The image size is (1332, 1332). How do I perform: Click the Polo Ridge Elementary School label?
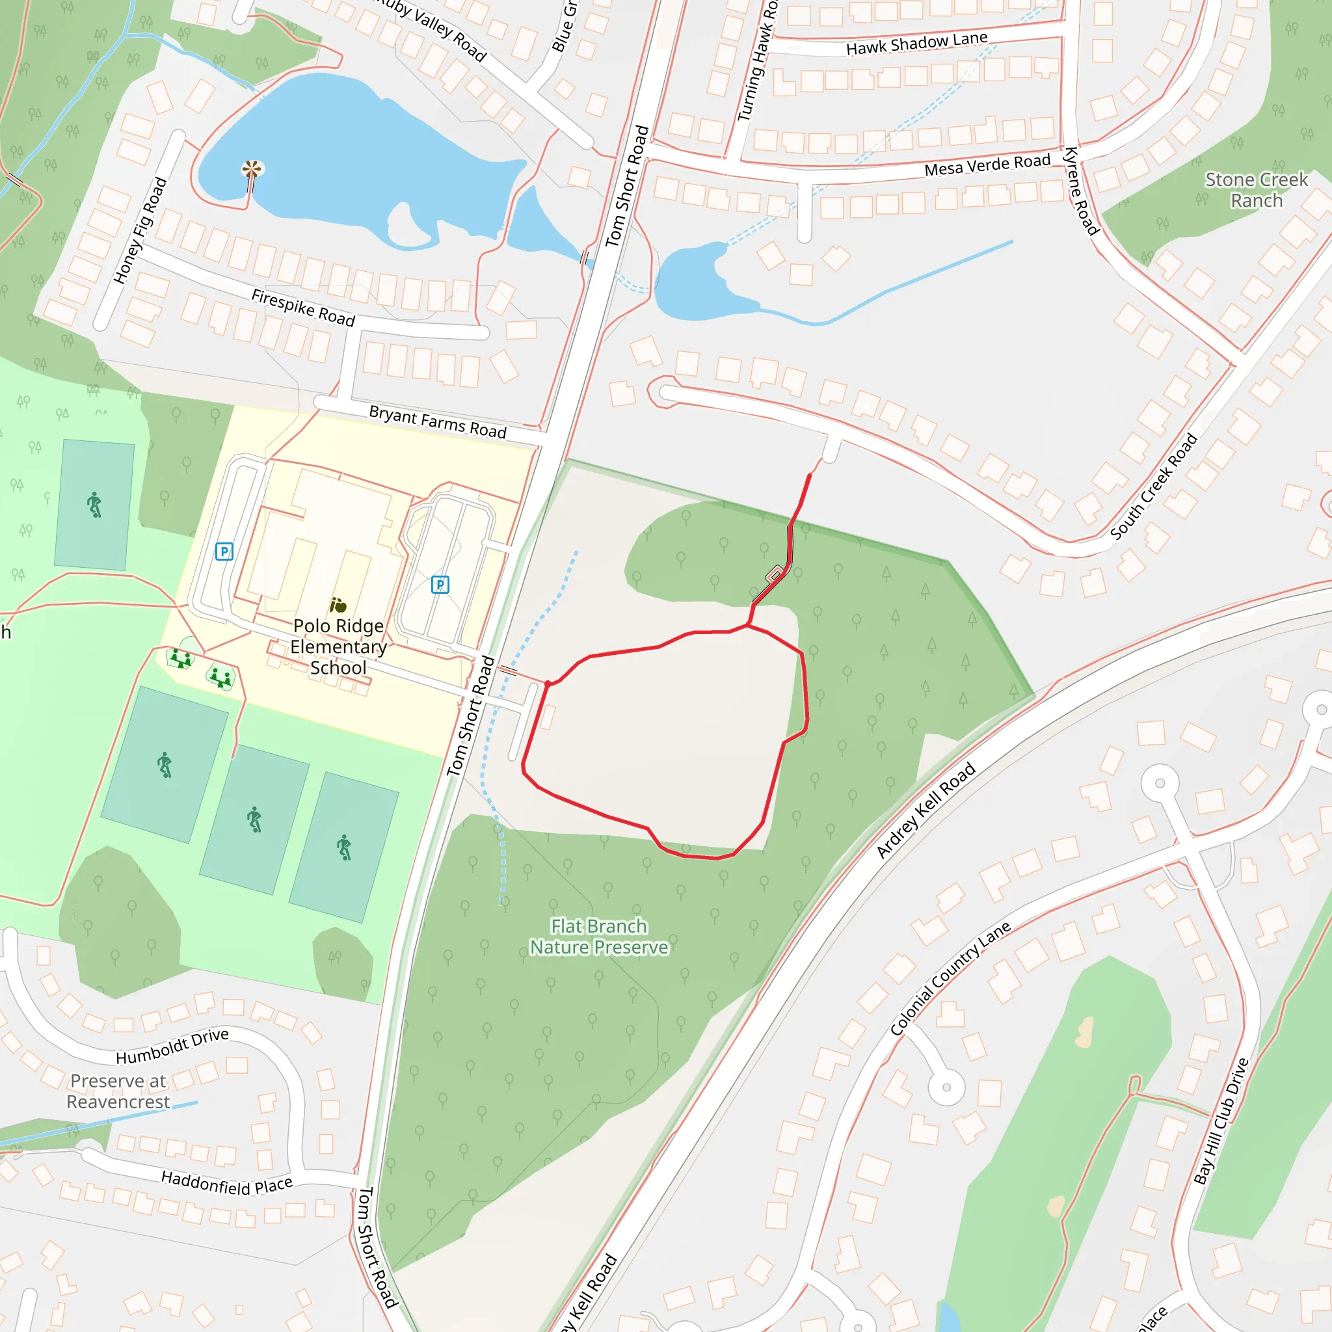338,646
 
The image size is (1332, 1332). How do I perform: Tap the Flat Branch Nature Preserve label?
598,937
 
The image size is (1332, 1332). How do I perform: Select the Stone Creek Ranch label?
1256,190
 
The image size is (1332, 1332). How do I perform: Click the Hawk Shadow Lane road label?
916,44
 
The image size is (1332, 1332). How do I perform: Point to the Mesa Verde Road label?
987,165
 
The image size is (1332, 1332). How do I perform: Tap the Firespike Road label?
302,308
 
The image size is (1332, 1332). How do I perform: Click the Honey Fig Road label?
140,230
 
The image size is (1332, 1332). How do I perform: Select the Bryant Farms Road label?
438,421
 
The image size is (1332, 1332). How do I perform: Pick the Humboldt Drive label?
172,1046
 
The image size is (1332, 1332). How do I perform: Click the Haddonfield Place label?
227,1183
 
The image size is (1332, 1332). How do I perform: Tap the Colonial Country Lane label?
950,978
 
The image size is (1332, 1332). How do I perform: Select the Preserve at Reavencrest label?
118,1091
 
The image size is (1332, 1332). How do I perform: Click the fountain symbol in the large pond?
252,169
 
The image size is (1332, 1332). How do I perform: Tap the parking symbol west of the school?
224,552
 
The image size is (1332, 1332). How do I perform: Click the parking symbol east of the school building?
440,585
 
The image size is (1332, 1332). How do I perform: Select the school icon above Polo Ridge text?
338,606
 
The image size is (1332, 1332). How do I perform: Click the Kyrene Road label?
1081,191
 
